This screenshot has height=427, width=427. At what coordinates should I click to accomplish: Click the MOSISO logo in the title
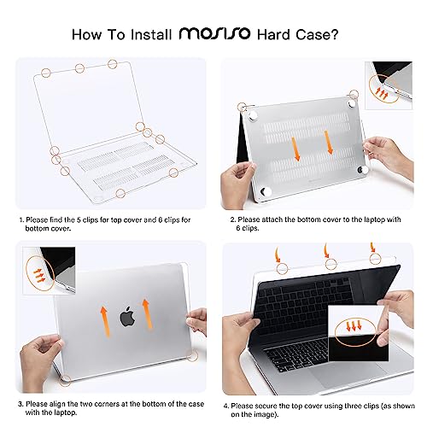coord(214,33)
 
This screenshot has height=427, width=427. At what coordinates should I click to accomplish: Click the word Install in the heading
coord(151,35)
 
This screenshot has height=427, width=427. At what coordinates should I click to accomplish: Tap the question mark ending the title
coord(335,34)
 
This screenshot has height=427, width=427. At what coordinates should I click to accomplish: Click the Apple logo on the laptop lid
coord(127,316)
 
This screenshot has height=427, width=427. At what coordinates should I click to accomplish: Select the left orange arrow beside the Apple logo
coord(105,322)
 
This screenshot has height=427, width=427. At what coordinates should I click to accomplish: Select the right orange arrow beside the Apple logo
coord(147,314)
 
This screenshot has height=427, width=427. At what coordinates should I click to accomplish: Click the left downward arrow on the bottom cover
coord(296,149)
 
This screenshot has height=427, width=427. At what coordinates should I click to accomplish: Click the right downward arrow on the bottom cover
coord(329,143)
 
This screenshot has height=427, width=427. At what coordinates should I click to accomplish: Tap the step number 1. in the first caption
coord(21,220)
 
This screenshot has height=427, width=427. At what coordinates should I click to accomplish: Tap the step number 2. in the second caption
coord(233,219)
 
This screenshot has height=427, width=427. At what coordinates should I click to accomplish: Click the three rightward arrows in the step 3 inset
coord(39,276)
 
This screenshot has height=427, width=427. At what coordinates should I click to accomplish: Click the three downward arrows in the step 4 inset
coord(354,325)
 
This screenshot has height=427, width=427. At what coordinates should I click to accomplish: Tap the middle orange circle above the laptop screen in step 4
coord(331,264)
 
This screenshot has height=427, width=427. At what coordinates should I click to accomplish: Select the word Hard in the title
coord(274,35)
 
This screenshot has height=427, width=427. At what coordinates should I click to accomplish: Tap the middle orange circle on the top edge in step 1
coord(79,68)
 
